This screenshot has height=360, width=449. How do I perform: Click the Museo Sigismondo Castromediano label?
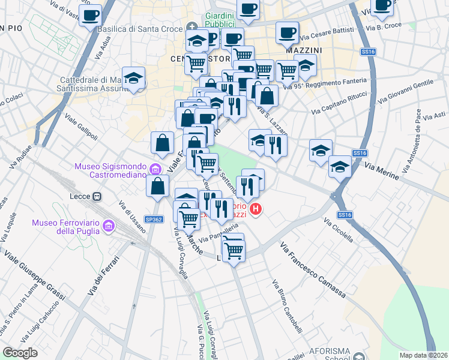coord(112,172)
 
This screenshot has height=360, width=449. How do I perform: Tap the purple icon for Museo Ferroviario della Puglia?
coord(109,226)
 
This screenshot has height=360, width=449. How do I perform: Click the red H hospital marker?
coord(256,209)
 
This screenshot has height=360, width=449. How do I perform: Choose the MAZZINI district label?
coord(304,50)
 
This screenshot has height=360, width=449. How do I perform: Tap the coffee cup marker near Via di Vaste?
coord(90,15)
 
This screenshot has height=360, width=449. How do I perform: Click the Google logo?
coord(20,353)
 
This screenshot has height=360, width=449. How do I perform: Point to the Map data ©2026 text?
coord(423,355)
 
